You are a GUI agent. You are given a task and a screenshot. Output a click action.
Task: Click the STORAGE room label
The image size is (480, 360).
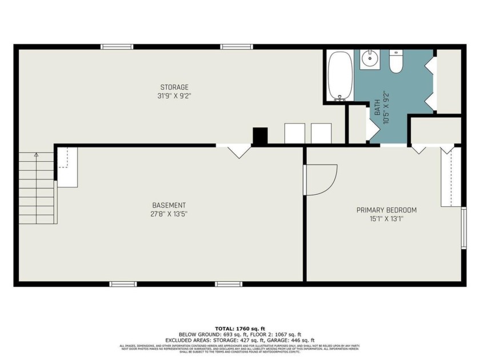(x=174, y=87)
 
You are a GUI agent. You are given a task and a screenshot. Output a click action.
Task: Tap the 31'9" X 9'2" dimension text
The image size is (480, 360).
(x=174, y=96)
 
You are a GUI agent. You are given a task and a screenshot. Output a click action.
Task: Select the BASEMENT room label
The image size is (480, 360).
(x=169, y=206)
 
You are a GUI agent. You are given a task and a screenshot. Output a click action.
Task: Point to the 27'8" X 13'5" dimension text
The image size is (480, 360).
(x=169, y=214)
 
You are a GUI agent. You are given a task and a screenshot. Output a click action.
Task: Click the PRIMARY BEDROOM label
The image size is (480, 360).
(x=386, y=210)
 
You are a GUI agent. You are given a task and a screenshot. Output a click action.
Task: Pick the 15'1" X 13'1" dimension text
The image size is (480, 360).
(x=386, y=219)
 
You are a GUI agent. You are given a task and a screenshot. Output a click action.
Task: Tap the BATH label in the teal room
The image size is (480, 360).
(x=378, y=104)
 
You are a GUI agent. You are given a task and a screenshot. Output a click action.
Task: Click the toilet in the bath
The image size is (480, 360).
(x=397, y=62)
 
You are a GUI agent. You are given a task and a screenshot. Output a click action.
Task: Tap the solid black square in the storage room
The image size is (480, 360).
(x=260, y=136)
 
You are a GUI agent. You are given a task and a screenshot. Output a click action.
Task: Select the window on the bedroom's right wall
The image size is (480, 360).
(x=463, y=229)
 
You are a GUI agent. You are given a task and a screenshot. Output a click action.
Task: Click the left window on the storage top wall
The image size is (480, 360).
(x=117, y=47)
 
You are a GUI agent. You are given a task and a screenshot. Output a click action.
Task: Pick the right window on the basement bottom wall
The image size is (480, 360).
(x=229, y=284)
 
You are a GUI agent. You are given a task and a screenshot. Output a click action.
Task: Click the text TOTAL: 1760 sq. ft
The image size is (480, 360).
(x=240, y=329)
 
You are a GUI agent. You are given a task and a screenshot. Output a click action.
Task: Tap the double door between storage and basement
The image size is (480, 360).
(x=239, y=151)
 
